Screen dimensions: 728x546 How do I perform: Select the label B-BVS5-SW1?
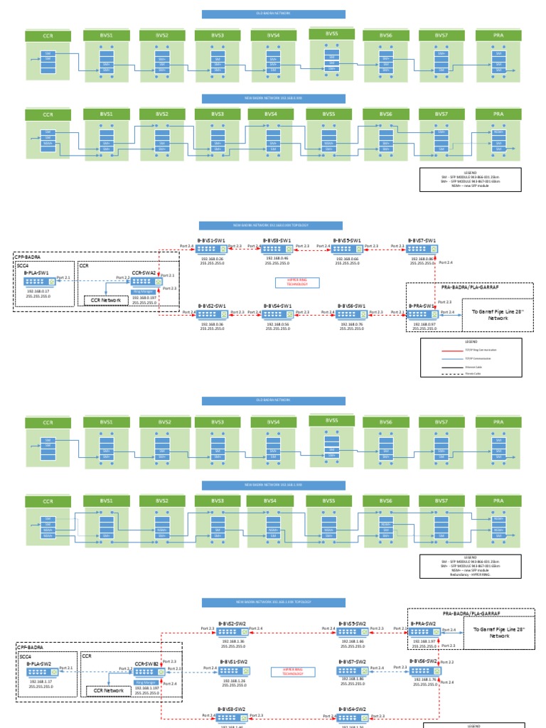(346, 240)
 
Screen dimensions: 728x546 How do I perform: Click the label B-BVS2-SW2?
(232, 623)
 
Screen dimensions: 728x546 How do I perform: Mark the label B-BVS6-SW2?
(424, 661)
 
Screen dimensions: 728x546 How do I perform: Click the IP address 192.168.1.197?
(146, 688)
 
